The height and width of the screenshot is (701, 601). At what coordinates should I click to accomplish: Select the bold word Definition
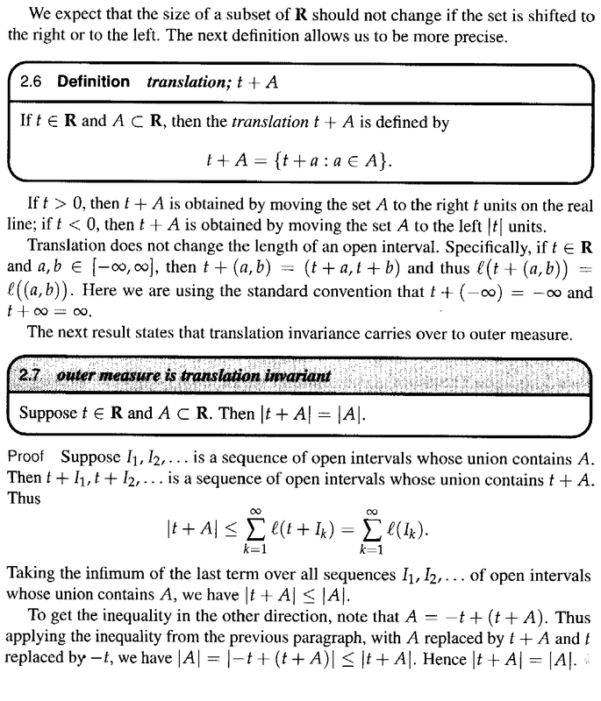(x=93, y=82)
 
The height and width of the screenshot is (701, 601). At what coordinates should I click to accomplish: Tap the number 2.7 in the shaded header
(x=33, y=376)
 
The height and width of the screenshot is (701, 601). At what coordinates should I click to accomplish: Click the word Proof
(x=25, y=457)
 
